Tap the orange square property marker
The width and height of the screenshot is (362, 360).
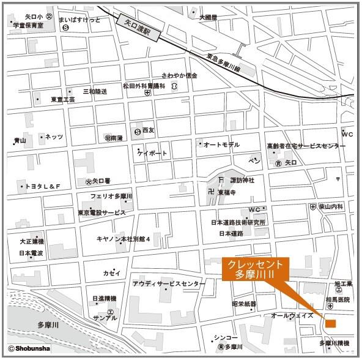coord(331,323)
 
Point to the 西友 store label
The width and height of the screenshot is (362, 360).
coord(149,130)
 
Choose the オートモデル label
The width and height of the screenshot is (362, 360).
coord(221,144)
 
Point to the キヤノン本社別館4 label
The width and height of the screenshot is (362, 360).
coord(123,239)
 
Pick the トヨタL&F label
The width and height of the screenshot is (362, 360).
coord(41,186)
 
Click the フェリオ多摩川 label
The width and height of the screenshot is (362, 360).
coord(111,197)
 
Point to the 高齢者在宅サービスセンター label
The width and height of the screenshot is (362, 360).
coord(306,146)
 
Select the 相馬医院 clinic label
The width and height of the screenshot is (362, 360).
coord(338,299)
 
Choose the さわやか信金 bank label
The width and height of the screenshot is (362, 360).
coord(179,75)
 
